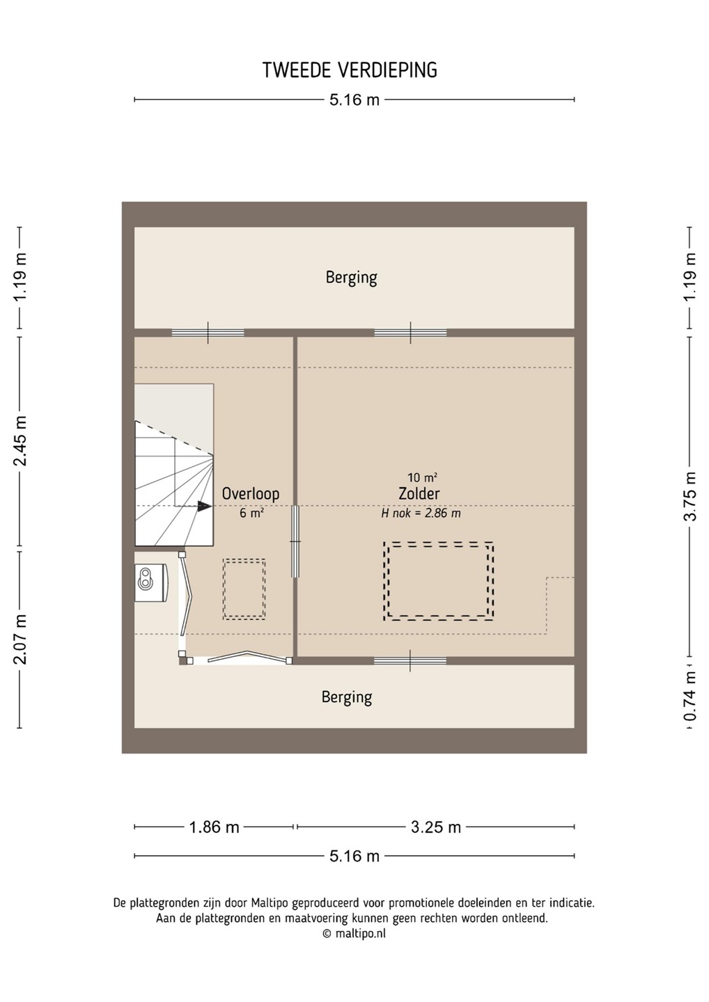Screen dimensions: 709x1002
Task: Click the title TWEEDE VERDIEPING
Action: pyautogui.click(x=350, y=70)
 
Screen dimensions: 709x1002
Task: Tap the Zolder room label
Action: pyautogui.click(x=419, y=493)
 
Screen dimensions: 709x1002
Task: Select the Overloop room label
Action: pyautogui.click(x=251, y=493)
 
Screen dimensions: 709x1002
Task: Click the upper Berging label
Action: pyautogui.click(x=352, y=278)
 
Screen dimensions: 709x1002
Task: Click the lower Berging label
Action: pyautogui.click(x=347, y=697)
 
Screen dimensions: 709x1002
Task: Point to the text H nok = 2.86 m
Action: pyautogui.click(x=421, y=513)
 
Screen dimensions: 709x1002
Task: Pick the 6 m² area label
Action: pyautogui.click(x=251, y=513)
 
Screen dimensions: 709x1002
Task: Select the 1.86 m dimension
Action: pyautogui.click(x=214, y=827)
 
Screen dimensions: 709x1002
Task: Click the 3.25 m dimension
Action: pyautogui.click(x=436, y=827)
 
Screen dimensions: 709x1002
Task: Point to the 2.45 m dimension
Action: pyautogui.click(x=20, y=441)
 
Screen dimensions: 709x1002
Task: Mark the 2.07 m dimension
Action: pyautogui.click(x=20, y=639)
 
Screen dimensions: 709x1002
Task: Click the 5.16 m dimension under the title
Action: pyautogui.click(x=354, y=100)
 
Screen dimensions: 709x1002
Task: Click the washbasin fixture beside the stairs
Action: pyautogui.click(x=151, y=583)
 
